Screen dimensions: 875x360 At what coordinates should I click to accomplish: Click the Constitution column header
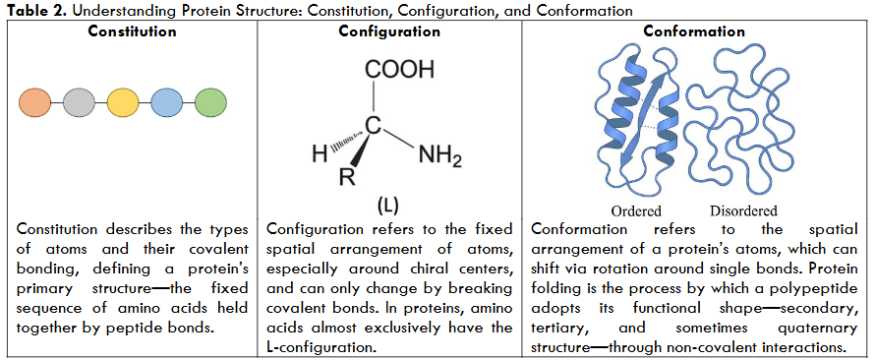coord(132,31)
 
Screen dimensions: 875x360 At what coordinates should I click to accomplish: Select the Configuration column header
coord(389,31)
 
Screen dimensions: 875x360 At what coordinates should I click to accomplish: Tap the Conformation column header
coord(694,31)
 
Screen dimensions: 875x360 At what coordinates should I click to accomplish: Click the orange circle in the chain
coord(35,101)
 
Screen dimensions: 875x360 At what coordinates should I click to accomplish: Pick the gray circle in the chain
coord(78,101)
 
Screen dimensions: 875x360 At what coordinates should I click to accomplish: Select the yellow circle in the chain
coord(122,101)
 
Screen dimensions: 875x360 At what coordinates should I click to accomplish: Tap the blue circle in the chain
coord(166,101)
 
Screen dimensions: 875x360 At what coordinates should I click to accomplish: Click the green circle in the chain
coord(210,101)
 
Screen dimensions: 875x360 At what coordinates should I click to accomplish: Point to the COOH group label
coord(398,71)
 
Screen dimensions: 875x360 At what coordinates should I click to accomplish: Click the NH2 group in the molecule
coord(439,154)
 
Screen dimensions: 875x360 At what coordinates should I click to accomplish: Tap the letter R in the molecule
coord(346,180)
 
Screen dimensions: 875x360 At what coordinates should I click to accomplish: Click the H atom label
coord(319,154)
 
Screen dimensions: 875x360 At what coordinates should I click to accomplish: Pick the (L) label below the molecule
coord(386,208)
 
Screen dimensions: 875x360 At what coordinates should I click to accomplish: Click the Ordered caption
coord(636,211)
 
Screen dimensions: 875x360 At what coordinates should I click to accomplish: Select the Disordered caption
coord(742,211)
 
